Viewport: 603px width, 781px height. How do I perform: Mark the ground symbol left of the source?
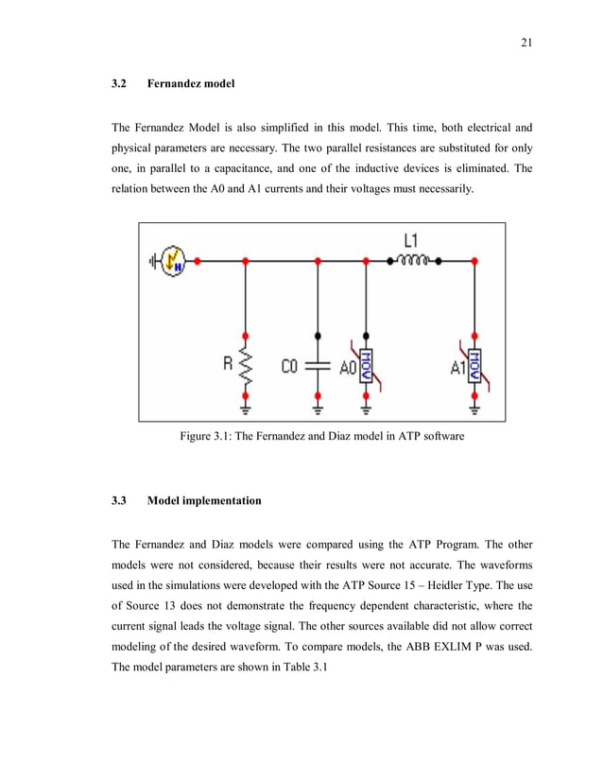[151, 258]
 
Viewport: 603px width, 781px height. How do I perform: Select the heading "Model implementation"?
[204, 500]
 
